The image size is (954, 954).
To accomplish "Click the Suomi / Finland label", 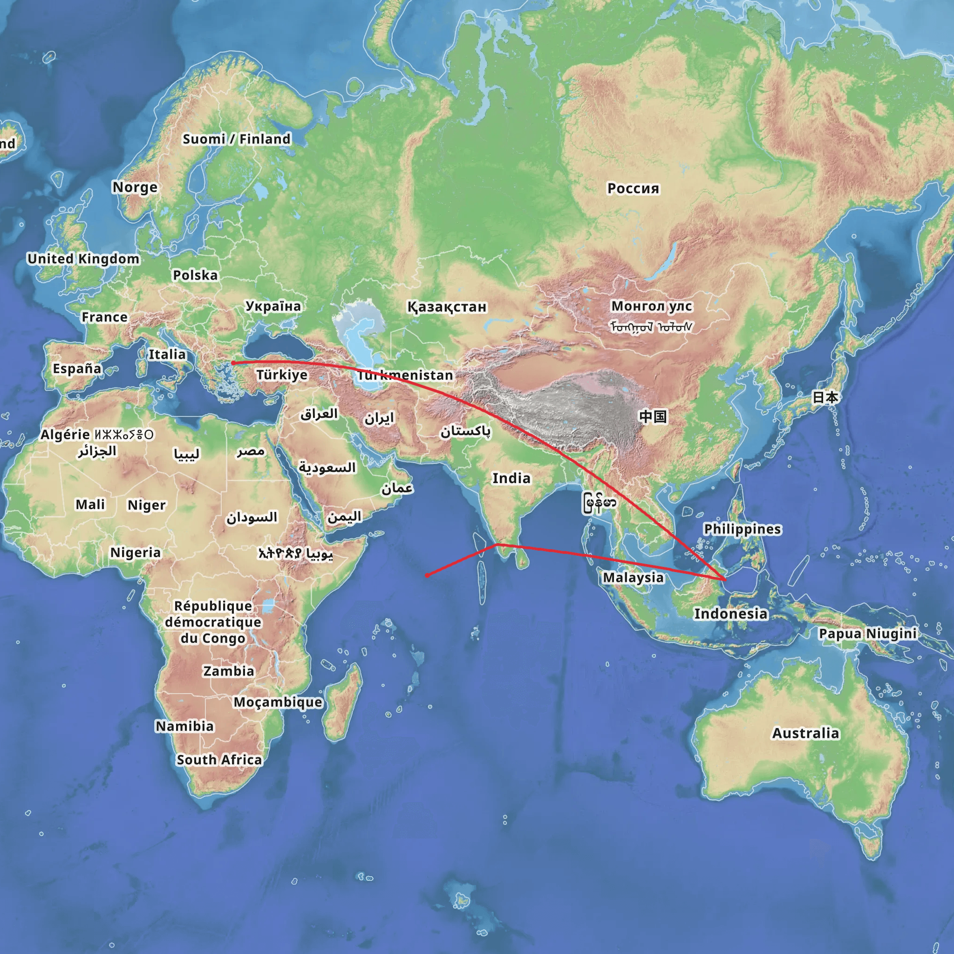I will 237,139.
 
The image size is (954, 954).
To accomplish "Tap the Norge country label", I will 135,187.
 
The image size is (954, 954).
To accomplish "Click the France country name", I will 104,317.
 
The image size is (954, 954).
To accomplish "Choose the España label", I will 77,368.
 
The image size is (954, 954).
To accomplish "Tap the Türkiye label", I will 281,375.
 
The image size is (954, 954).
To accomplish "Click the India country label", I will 511,478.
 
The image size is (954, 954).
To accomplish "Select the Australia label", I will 805,733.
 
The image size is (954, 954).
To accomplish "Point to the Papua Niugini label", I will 867,634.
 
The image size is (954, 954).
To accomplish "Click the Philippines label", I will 742,529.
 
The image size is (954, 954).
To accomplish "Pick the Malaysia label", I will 633,577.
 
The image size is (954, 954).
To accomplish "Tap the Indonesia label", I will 731,614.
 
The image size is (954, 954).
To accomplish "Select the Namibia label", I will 184,726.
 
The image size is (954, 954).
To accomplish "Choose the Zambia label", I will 229,671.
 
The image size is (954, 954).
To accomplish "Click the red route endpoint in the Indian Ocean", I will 427,575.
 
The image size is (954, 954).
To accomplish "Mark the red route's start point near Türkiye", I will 232,363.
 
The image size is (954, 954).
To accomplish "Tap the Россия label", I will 633,189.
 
